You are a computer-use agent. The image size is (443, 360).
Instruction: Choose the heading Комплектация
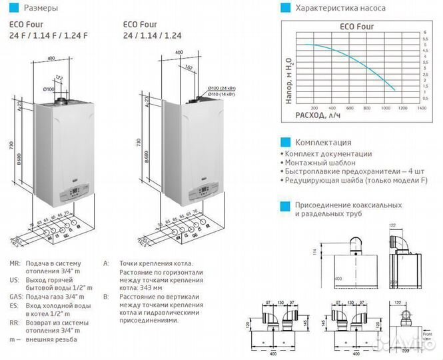tap(323, 142)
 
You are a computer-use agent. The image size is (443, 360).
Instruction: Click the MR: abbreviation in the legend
tap(15, 264)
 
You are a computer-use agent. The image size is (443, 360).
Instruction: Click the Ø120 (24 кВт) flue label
tap(226, 88)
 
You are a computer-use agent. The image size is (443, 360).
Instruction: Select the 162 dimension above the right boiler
tap(190, 67)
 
